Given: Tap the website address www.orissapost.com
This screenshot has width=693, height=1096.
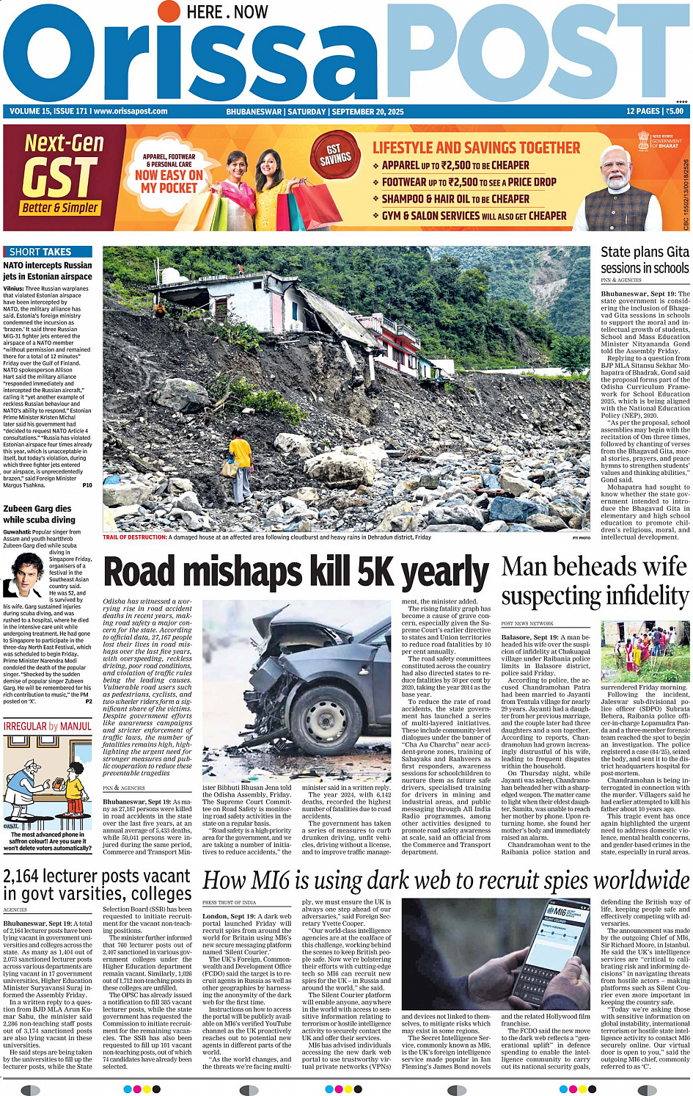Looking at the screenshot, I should (x=131, y=112).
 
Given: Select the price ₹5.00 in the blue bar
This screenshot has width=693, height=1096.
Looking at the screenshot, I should (x=674, y=112).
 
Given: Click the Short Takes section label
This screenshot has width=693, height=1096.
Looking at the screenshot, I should (x=40, y=252).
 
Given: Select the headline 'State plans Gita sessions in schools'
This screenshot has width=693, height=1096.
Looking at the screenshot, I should (x=645, y=260).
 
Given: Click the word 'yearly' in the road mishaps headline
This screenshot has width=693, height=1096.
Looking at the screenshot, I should (x=445, y=573).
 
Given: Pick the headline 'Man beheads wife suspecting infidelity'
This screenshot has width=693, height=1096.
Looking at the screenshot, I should (x=595, y=581).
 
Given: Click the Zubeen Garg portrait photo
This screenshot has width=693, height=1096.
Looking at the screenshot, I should (x=24, y=576).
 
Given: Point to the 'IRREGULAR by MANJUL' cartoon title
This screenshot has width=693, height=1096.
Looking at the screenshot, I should (x=48, y=726).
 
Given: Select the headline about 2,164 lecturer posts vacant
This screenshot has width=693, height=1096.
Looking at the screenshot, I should (x=97, y=885).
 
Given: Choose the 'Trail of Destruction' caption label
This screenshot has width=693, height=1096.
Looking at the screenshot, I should (x=135, y=537).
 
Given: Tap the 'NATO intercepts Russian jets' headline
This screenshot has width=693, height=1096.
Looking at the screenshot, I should (x=48, y=271).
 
